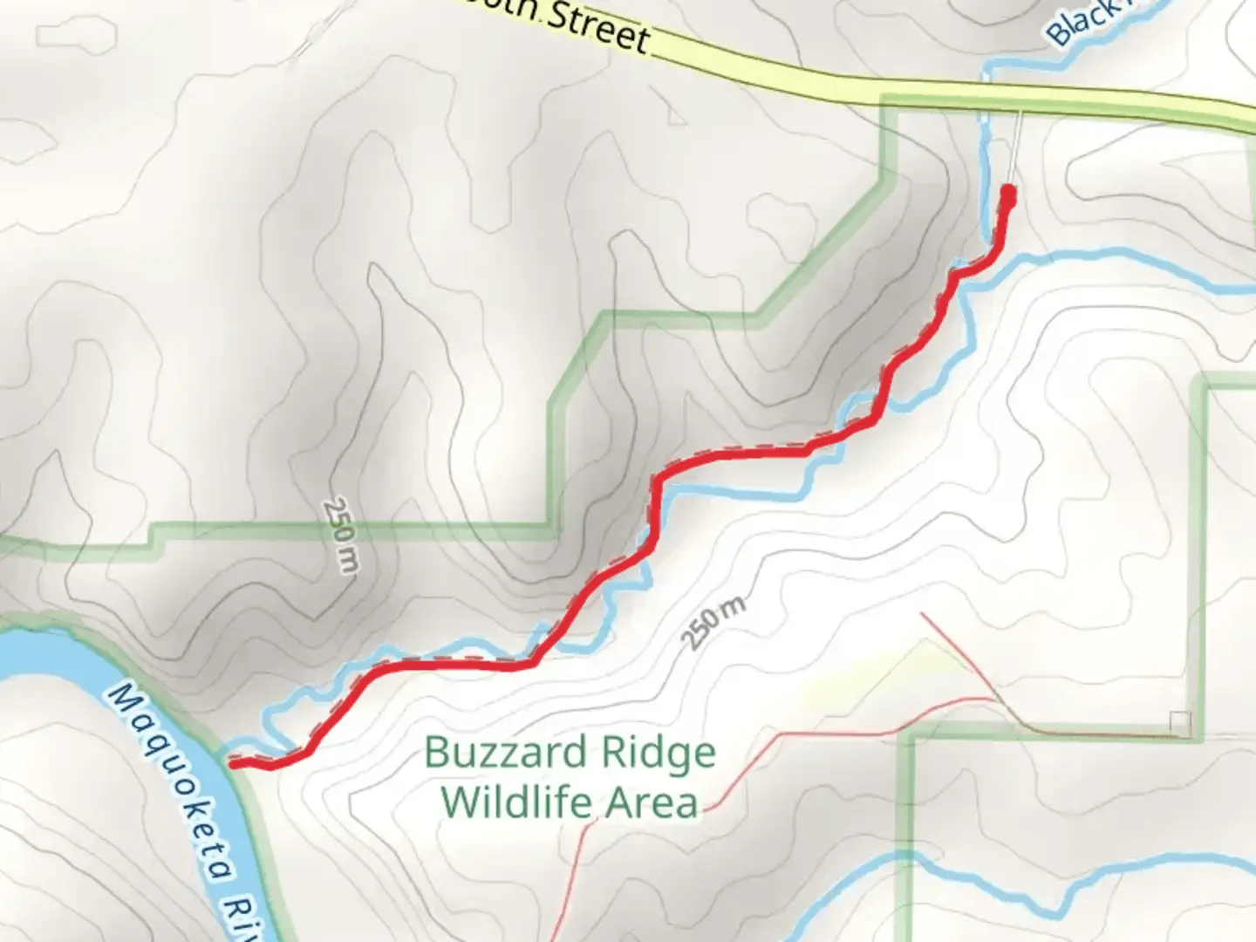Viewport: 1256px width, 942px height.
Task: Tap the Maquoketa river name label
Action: [174, 785]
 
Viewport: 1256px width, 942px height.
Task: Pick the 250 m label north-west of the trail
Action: [340, 535]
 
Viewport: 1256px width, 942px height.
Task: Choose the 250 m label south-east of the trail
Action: [713, 622]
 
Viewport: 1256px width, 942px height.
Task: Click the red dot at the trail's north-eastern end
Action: [1008, 193]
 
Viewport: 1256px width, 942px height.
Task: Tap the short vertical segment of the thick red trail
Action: [652, 515]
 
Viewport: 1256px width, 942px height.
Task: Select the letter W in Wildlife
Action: [459, 802]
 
